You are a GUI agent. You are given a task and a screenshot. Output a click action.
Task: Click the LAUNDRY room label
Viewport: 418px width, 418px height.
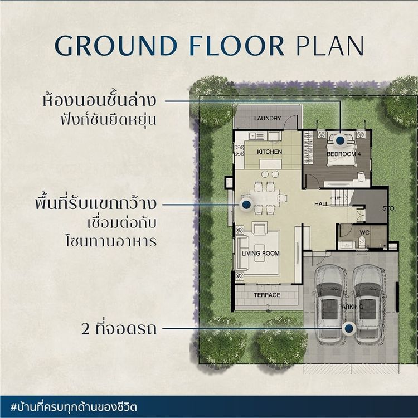click(268, 118)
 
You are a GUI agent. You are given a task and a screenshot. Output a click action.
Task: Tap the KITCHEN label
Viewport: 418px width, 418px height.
click(270, 152)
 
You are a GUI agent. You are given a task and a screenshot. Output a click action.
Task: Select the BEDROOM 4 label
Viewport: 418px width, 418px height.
click(344, 154)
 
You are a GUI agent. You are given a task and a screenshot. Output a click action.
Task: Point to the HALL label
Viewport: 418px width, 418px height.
click(321, 203)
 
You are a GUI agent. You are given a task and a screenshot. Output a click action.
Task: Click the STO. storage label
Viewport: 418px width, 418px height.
click(389, 208)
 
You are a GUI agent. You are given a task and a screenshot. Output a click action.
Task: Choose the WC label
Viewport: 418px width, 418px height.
click(364, 232)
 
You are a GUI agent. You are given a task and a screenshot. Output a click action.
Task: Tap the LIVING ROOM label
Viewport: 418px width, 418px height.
click(260, 253)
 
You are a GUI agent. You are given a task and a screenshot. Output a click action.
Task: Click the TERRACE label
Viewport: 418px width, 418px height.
click(267, 295)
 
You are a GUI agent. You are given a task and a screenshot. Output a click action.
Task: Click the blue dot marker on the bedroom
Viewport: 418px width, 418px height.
click(339, 140)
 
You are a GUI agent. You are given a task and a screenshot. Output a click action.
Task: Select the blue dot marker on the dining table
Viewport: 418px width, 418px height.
click(246, 205)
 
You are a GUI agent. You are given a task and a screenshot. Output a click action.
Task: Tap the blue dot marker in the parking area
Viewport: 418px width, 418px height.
click(349, 328)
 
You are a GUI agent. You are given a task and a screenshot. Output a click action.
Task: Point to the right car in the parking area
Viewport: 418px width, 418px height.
click(369, 304)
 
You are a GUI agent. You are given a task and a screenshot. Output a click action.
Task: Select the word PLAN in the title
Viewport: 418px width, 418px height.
click(330, 46)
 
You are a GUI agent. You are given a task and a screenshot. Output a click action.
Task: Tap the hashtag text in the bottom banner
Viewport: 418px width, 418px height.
click(74, 407)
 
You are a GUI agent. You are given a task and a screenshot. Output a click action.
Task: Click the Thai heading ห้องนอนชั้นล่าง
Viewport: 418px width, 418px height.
click(99, 100)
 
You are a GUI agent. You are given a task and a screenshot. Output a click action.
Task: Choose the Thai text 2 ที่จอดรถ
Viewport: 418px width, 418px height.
click(119, 329)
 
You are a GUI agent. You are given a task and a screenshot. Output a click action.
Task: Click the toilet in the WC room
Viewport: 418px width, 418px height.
click(362, 241)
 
